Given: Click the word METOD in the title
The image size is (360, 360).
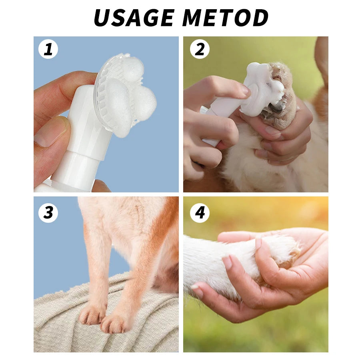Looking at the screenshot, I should tap(227, 18).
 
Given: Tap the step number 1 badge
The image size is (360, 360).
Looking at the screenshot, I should tap(48, 50).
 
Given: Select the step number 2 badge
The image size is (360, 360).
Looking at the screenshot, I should tap(200, 50).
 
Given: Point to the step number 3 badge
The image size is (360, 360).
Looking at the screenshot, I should tap(48, 213).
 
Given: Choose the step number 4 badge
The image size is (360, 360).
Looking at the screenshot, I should tap(200, 213).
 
